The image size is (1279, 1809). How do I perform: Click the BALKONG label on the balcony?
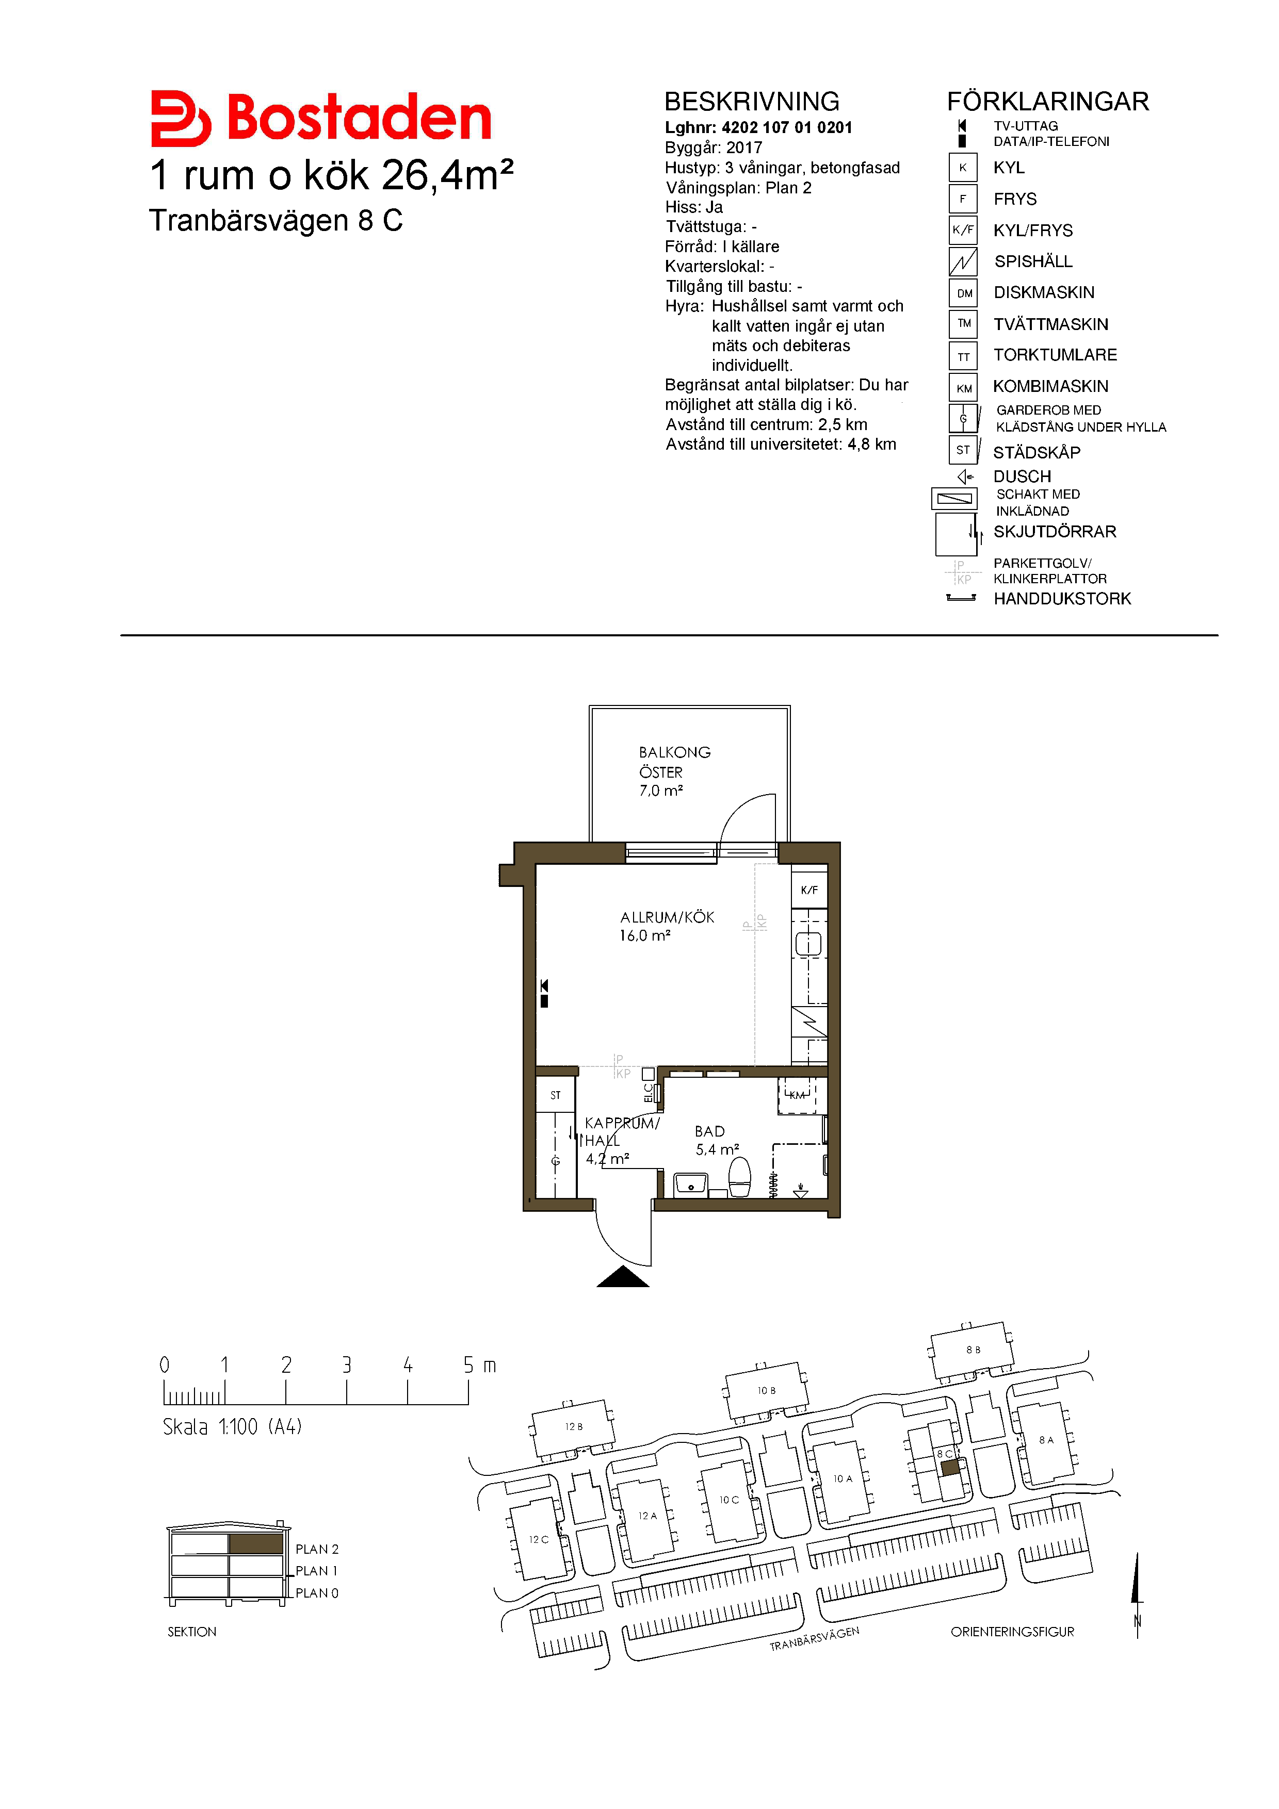tap(674, 752)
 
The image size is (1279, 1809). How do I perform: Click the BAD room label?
tap(709, 1131)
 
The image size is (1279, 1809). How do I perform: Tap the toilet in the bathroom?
tap(739, 1177)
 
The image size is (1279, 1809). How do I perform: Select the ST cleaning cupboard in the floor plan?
tap(556, 1095)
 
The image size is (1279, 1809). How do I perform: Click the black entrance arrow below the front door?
tap(623, 1276)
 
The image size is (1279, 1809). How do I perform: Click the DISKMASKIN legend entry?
tap(1043, 293)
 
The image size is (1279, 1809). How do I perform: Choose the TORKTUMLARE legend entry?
tap(1055, 355)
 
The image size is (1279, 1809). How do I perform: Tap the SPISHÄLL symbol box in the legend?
tap(963, 261)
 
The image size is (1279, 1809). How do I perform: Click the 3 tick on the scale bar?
tap(347, 1392)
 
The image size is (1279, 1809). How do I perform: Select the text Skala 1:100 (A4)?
tap(233, 1427)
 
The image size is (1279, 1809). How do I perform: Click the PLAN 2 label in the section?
tap(317, 1549)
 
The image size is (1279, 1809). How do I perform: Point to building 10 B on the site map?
tap(766, 1391)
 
